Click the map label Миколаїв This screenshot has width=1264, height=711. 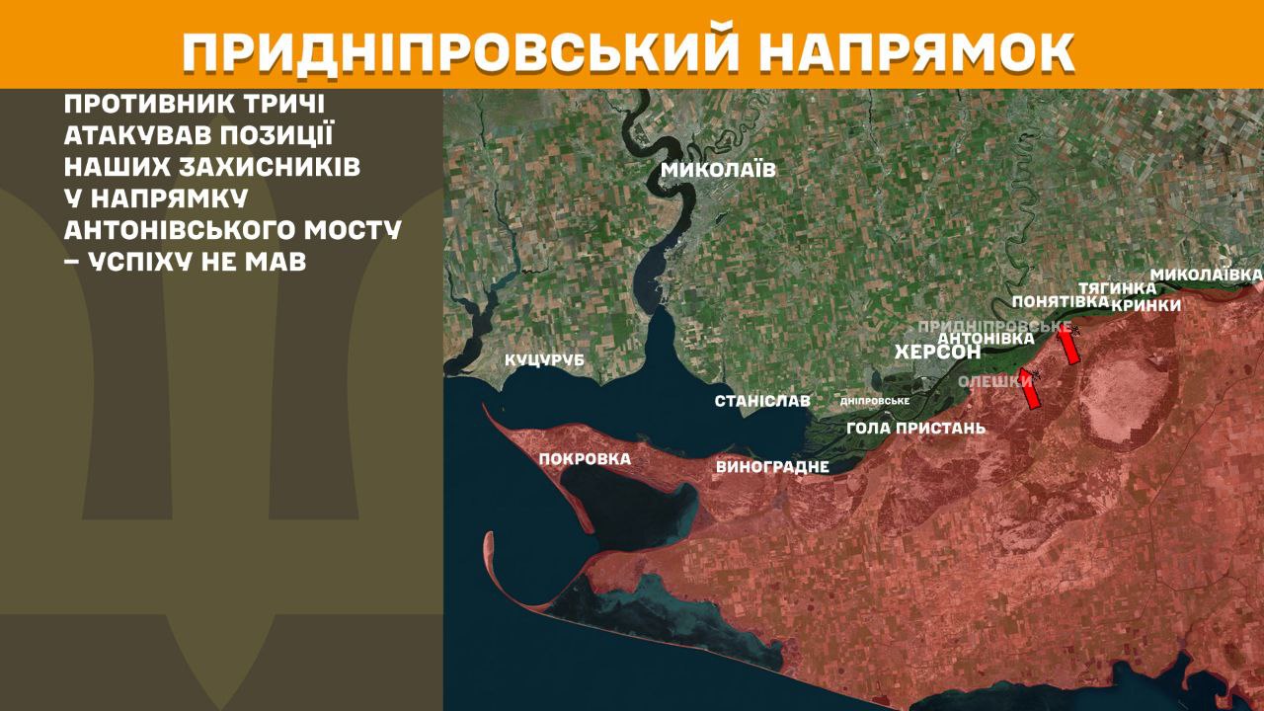point(718,170)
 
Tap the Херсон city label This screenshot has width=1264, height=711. point(937,353)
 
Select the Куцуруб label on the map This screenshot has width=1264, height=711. point(544,360)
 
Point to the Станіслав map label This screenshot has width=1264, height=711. point(762,401)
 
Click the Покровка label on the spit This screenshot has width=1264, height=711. point(585,458)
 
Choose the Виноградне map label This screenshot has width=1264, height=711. point(772,466)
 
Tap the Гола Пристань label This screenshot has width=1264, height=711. point(916,428)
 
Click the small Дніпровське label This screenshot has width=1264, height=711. point(874,401)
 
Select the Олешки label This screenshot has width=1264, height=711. point(994,381)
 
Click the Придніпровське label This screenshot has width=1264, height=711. point(994,325)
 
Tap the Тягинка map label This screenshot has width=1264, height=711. point(1117,287)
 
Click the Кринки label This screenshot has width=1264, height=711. point(1145,305)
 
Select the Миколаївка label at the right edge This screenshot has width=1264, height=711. point(1207,273)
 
